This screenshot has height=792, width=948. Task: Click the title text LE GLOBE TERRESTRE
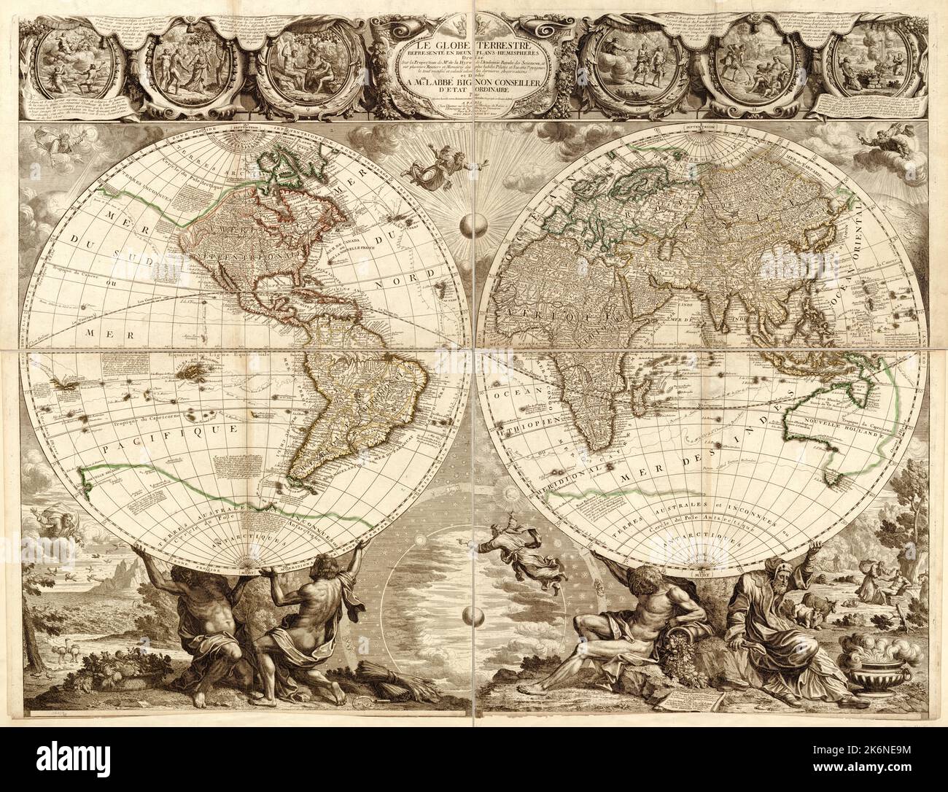475,29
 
